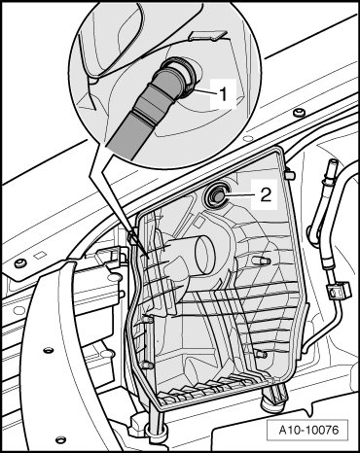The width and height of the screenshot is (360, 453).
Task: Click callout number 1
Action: coord(223,94)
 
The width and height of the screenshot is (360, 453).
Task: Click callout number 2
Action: coord(266,195)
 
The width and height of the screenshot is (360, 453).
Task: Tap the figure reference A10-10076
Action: coord(308,430)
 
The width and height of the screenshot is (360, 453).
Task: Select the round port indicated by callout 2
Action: coord(216,196)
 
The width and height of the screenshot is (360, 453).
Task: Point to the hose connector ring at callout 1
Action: coord(188,76)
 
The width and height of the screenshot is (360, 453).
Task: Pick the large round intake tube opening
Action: coord(202,256)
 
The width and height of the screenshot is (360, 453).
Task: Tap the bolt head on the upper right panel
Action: coord(299,113)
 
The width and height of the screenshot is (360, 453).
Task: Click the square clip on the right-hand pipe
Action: coord(339,290)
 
